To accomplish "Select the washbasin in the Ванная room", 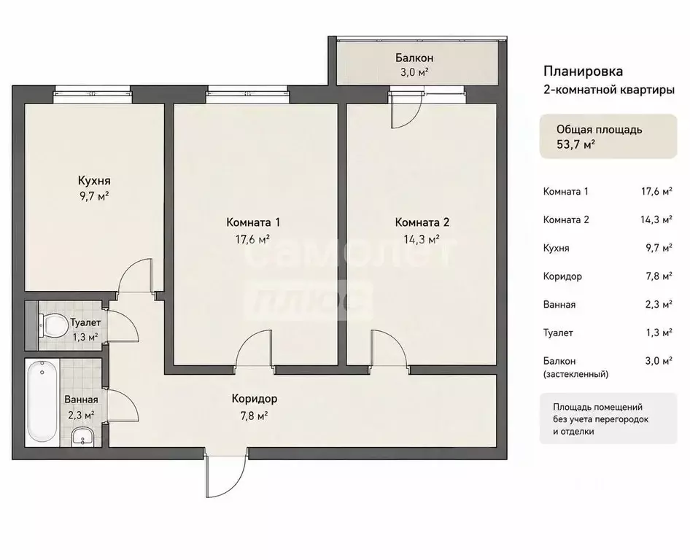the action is pyautogui.click(x=82, y=437).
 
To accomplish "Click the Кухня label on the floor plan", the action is pyautogui.click(x=94, y=181).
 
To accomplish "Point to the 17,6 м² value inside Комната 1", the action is pyautogui.click(x=252, y=239).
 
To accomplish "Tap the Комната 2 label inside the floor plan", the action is pyautogui.click(x=422, y=222).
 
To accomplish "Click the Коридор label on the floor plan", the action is pyautogui.click(x=255, y=399).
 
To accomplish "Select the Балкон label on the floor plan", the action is pyautogui.click(x=414, y=58).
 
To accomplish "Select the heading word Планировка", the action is pyautogui.click(x=583, y=71).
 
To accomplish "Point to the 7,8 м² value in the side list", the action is pyautogui.click(x=659, y=276).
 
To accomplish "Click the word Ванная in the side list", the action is pyautogui.click(x=559, y=304).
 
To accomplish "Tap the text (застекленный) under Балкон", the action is pyautogui.click(x=576, y=374).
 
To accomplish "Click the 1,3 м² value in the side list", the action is pyautogui.click(x=659, y=332).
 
